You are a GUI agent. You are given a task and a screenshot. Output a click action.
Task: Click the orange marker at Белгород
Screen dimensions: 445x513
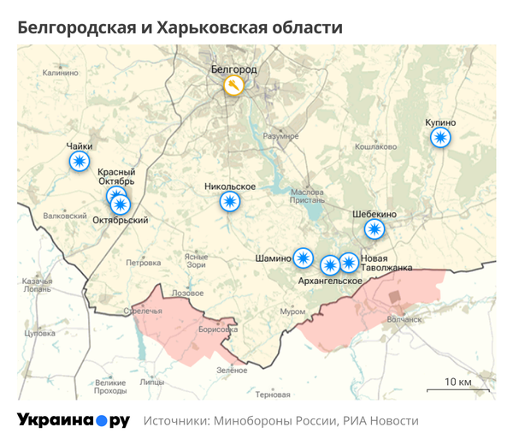(x=233, y=86)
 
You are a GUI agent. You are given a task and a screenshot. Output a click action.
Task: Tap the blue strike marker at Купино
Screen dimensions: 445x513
(x=440, y=137)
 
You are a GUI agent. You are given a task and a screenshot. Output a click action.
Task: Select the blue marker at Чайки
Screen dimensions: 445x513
(x=80, y=161)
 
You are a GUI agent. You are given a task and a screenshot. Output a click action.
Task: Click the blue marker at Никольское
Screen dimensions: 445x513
(x=229, y=202)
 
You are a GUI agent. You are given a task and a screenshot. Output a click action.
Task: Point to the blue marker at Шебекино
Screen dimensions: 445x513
(x=374, y=228)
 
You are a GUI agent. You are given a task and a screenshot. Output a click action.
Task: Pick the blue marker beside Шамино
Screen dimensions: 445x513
(x=304, y=257)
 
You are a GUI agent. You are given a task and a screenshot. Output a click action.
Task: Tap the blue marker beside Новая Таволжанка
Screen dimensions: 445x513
(x=348, y=262)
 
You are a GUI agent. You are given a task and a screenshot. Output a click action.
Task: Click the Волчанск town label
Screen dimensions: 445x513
(x=405, y=319)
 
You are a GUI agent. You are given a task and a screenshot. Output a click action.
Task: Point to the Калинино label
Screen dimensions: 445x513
(x=60, y=74)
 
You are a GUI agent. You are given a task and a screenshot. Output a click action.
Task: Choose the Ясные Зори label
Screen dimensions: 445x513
(x=196, y=260)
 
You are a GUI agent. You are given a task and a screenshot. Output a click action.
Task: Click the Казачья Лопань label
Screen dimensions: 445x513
(x=38, y=286)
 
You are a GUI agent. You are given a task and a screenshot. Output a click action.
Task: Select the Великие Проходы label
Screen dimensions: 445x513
(x=109, y=388)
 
